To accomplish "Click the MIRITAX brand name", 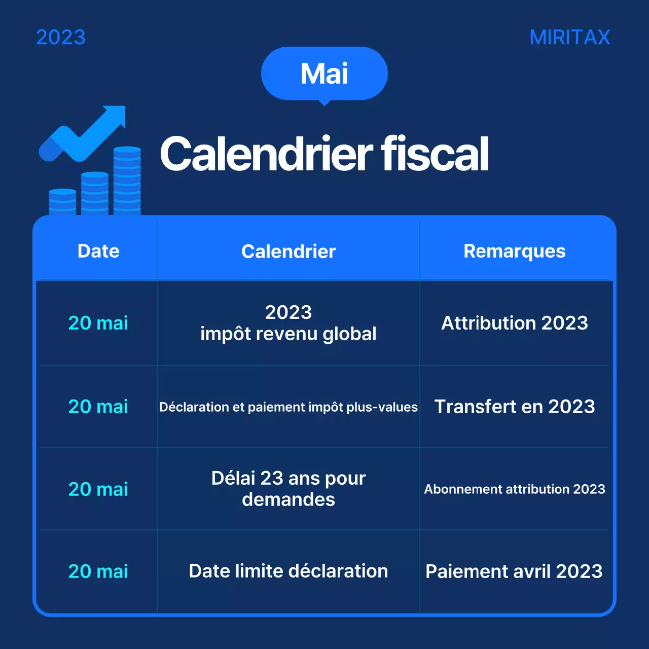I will (569, 38).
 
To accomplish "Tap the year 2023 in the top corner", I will (61, 38).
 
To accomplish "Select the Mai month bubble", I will (324, 74).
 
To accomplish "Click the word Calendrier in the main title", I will (267, 154).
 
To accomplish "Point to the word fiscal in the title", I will (435, 154).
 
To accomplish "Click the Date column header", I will (98, 251).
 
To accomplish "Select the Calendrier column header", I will (289, 251).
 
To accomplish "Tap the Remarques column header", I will (515, 251).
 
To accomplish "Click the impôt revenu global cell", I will (289, 323).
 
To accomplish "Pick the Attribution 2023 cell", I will (515, 323).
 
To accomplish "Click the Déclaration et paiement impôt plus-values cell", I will (289, 407).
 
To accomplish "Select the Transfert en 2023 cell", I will (515, 407).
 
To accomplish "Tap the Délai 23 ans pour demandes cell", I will (289, 489).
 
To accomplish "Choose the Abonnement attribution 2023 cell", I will (515, 489).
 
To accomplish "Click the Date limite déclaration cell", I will (289, 571).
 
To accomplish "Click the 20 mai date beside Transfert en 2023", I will (98, 407).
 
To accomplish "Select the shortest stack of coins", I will (62, 201).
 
